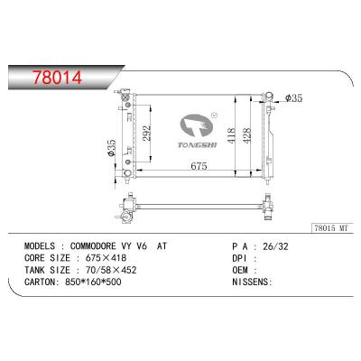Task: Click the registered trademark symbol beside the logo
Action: point(215,116)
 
